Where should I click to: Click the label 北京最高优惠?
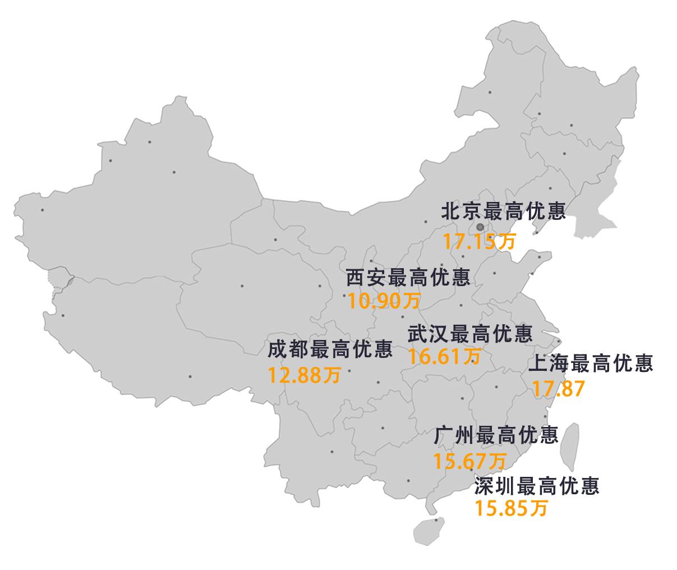tap(503, 211)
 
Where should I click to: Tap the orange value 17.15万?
tap(478, 242)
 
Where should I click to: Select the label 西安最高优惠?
tap(408, 277)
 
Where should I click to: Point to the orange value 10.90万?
tap(384, 301)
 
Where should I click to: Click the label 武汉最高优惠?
tap(470, 334)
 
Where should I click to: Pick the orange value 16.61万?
tap(444, 356)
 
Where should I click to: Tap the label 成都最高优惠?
tap(330, 350)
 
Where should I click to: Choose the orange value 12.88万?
tap(304, 374)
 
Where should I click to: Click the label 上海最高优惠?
tap(591, 364)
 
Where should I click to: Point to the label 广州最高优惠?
tap(496, 435)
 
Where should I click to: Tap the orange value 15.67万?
tap(469, 461)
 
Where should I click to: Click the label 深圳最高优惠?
tap(537, 485)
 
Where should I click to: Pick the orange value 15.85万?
tap(510, 508)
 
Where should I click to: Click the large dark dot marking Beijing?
tap(480, 227)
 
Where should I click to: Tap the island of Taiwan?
tap(570, 447)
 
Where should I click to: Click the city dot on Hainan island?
tap(437, 520)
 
